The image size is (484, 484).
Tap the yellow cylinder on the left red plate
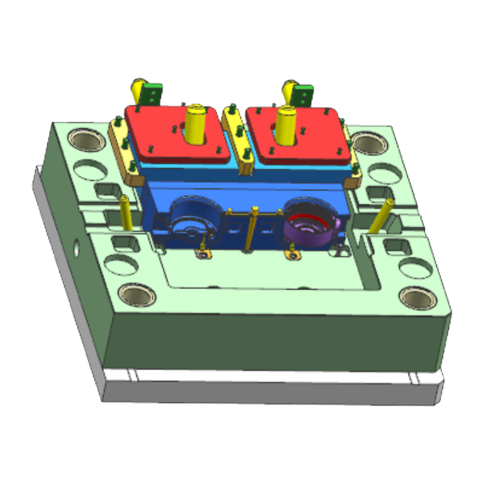coord(195,124)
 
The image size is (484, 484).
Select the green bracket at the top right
coord(302,94)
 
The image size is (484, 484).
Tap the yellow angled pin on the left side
coord(126,212)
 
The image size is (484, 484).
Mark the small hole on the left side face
coord(76,246)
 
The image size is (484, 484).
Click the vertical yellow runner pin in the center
coord(252,230)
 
